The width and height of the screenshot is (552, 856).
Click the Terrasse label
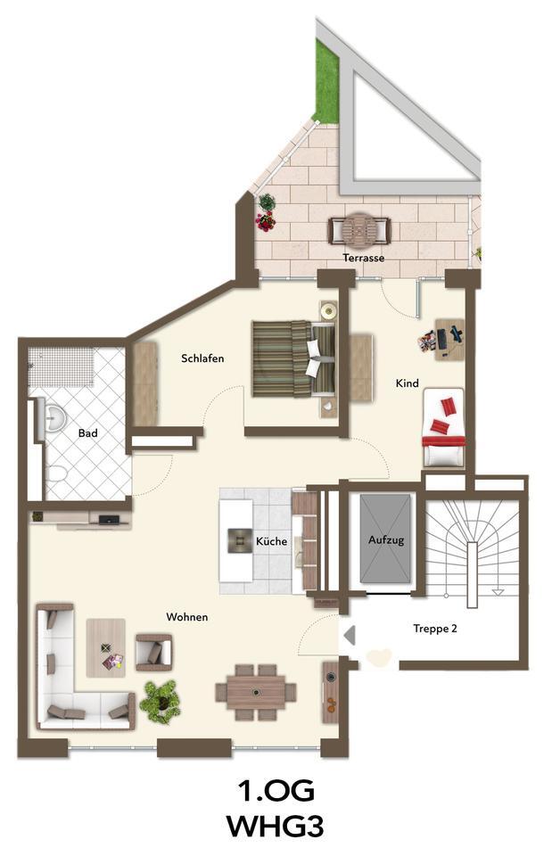coord(363,258)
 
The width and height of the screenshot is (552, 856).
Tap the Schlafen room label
coord(202,358)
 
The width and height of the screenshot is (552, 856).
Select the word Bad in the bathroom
coord(87,433)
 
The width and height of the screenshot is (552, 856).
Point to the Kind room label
coord(407,383)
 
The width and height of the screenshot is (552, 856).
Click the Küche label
coord(271,541)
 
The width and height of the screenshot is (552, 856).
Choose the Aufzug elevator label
coord(386,540)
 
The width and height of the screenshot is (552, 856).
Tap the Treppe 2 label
coord(434,628)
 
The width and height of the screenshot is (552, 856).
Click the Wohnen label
coord(187,617)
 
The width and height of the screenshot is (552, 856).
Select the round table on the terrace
coord(359,230)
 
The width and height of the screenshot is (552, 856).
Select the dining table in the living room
coord(256,691)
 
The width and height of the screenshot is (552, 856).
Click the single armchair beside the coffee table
coord(152,652)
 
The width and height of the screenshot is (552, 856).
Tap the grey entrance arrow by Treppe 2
coord(350,636)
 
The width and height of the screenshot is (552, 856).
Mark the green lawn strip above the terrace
coord(326,85)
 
